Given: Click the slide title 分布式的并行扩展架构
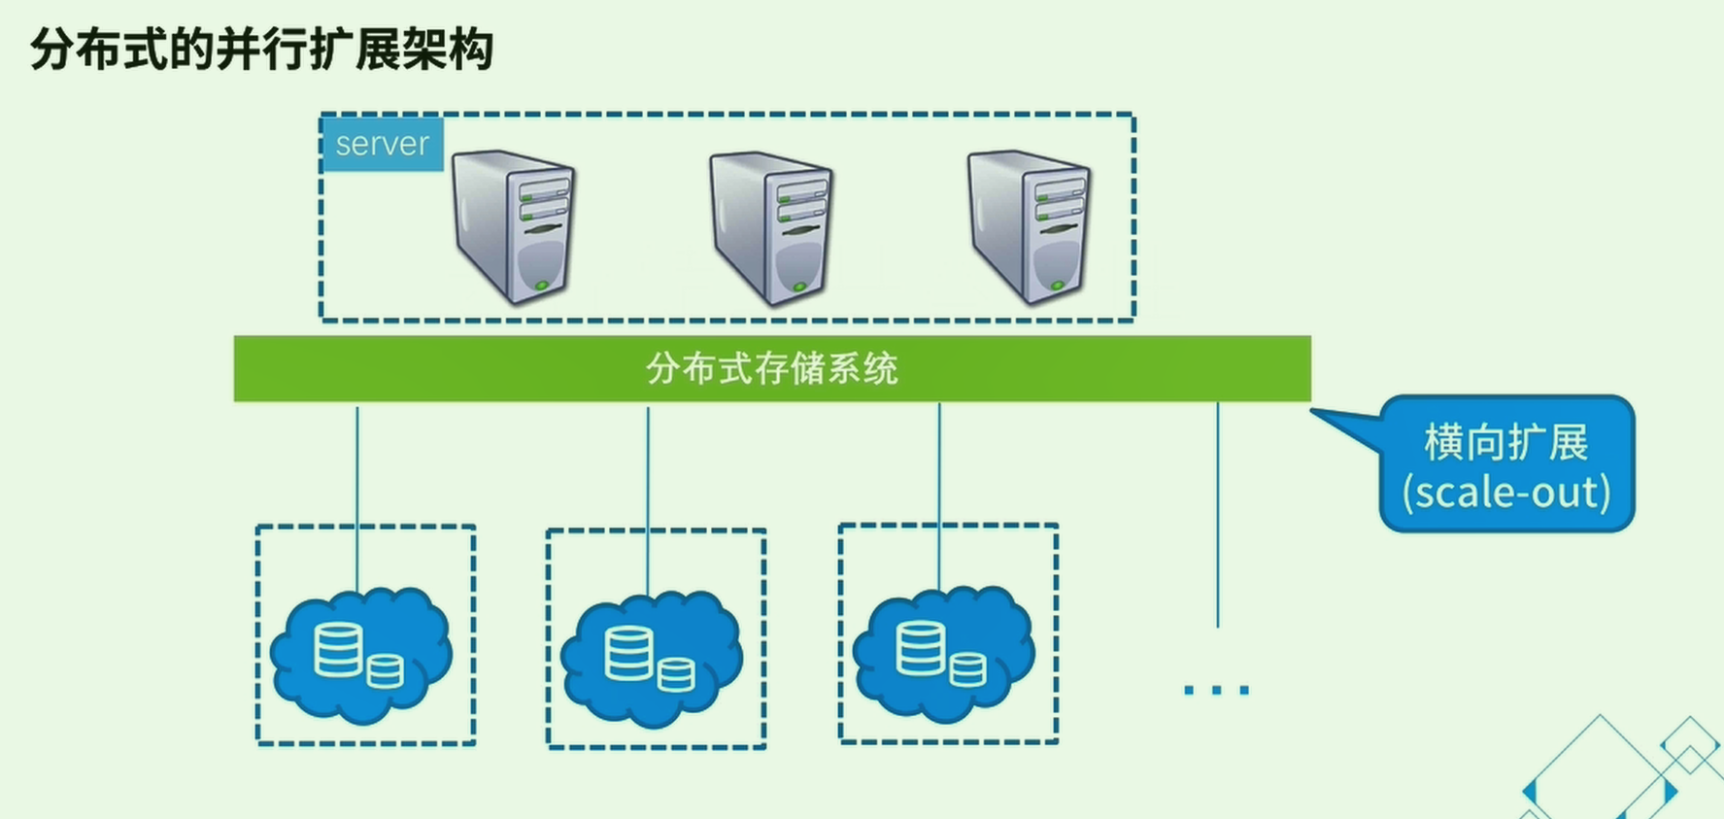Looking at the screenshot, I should [262, 49].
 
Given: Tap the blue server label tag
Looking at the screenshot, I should [382, 144].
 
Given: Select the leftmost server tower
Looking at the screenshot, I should [514, 226].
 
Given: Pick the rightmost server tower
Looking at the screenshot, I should [1029, 226].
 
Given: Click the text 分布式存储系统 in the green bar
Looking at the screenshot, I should [772, 369].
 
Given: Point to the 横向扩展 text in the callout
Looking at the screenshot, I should [1505, 443].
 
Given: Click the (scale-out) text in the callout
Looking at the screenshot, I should [1505, 492].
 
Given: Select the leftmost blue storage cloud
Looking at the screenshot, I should [361, 653].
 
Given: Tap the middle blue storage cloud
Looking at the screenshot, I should [652, 657].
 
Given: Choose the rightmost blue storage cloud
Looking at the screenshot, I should [943, 653].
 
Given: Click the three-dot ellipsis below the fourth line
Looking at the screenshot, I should [1216, 690].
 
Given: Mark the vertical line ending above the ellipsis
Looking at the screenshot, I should [1217, 515].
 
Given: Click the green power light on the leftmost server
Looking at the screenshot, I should [542, 286].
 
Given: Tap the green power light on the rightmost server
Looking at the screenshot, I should [1057, 286].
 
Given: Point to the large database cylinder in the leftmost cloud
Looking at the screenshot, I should [338, 649].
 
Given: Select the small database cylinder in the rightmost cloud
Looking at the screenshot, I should [967, 669].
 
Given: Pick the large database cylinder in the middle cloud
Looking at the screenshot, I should [628, 653].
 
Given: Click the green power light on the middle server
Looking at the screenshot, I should [799, 287].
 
